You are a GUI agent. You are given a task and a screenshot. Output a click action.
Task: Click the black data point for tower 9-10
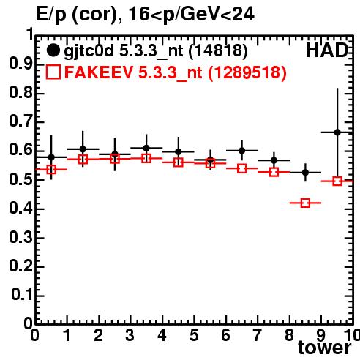337,132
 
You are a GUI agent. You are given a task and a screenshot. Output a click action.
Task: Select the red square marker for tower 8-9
306,203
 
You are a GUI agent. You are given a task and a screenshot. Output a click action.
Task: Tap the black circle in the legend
53,50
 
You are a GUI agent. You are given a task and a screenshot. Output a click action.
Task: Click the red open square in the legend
53,72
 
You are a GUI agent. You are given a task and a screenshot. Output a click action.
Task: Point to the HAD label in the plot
327,50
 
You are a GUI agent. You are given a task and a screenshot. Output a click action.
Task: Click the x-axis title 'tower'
325,348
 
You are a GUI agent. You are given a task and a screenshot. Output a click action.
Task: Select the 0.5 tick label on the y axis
20,180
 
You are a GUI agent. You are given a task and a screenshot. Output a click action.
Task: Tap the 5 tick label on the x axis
194,335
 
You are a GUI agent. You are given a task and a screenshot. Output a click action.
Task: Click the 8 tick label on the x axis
290,335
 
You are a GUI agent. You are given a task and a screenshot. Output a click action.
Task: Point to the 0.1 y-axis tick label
22,294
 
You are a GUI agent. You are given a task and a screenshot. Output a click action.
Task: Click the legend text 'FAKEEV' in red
100,72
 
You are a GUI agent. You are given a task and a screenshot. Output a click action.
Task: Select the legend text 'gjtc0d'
89,51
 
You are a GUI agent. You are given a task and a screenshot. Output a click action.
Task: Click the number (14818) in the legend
218,50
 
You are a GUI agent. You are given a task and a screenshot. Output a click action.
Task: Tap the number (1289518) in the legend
247,72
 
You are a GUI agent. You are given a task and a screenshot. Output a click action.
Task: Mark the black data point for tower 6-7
241,151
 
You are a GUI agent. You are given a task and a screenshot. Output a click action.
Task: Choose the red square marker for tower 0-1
51,169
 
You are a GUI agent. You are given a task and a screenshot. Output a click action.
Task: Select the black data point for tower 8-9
305,173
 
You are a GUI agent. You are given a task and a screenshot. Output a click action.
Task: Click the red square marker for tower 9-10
337,181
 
